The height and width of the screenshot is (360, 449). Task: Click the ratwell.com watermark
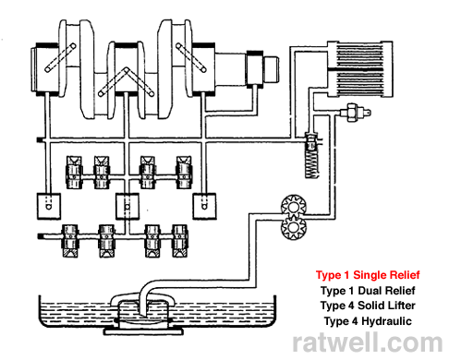coord(369,343)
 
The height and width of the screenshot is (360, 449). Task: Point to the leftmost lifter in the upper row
coord(74,170)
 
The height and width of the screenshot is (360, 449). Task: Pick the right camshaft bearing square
coord(204,203)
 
